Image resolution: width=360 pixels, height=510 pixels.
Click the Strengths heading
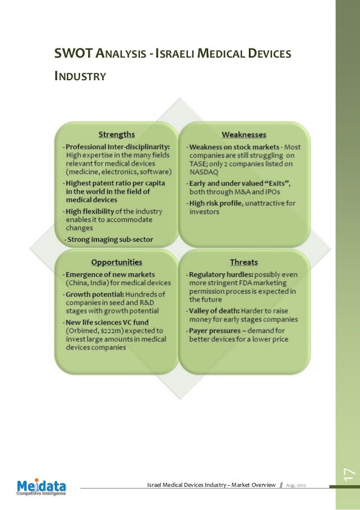[x=117, y=134]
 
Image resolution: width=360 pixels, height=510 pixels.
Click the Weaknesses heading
[x=244, y=134]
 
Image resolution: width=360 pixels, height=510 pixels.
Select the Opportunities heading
[x=117, y=262]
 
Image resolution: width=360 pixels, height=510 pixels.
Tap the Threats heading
[x=244, y=262]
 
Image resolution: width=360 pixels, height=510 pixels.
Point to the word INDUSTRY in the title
[x=80, y=75]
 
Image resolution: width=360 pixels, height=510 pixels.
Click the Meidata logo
[x=41, y=486]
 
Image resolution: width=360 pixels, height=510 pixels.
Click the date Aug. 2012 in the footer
[x=297, y=485]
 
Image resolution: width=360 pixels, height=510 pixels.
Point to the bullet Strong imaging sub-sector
[x=109, y=239]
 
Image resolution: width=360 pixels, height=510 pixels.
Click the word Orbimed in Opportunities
[x=84, y=331]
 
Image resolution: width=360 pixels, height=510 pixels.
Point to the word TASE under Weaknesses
[x=199, y=164]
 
